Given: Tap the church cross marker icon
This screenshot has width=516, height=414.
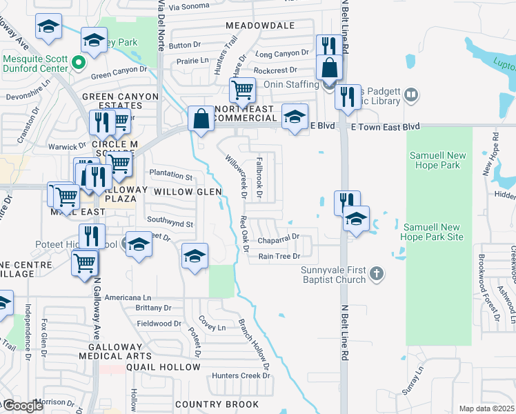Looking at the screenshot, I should [x=376, y=274].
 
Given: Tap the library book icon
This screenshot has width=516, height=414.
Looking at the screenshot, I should [x=411, y=94].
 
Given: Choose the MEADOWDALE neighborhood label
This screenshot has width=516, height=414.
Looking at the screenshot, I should [x=250, y=26].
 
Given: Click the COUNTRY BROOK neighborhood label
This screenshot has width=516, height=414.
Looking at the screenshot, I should [x=217, y=404].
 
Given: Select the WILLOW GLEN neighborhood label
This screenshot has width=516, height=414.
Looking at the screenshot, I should [x=187, y=191].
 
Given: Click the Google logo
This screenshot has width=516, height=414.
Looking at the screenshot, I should [x=23, y=406].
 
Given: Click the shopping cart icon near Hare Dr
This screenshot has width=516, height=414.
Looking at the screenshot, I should [x=242, y=89].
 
